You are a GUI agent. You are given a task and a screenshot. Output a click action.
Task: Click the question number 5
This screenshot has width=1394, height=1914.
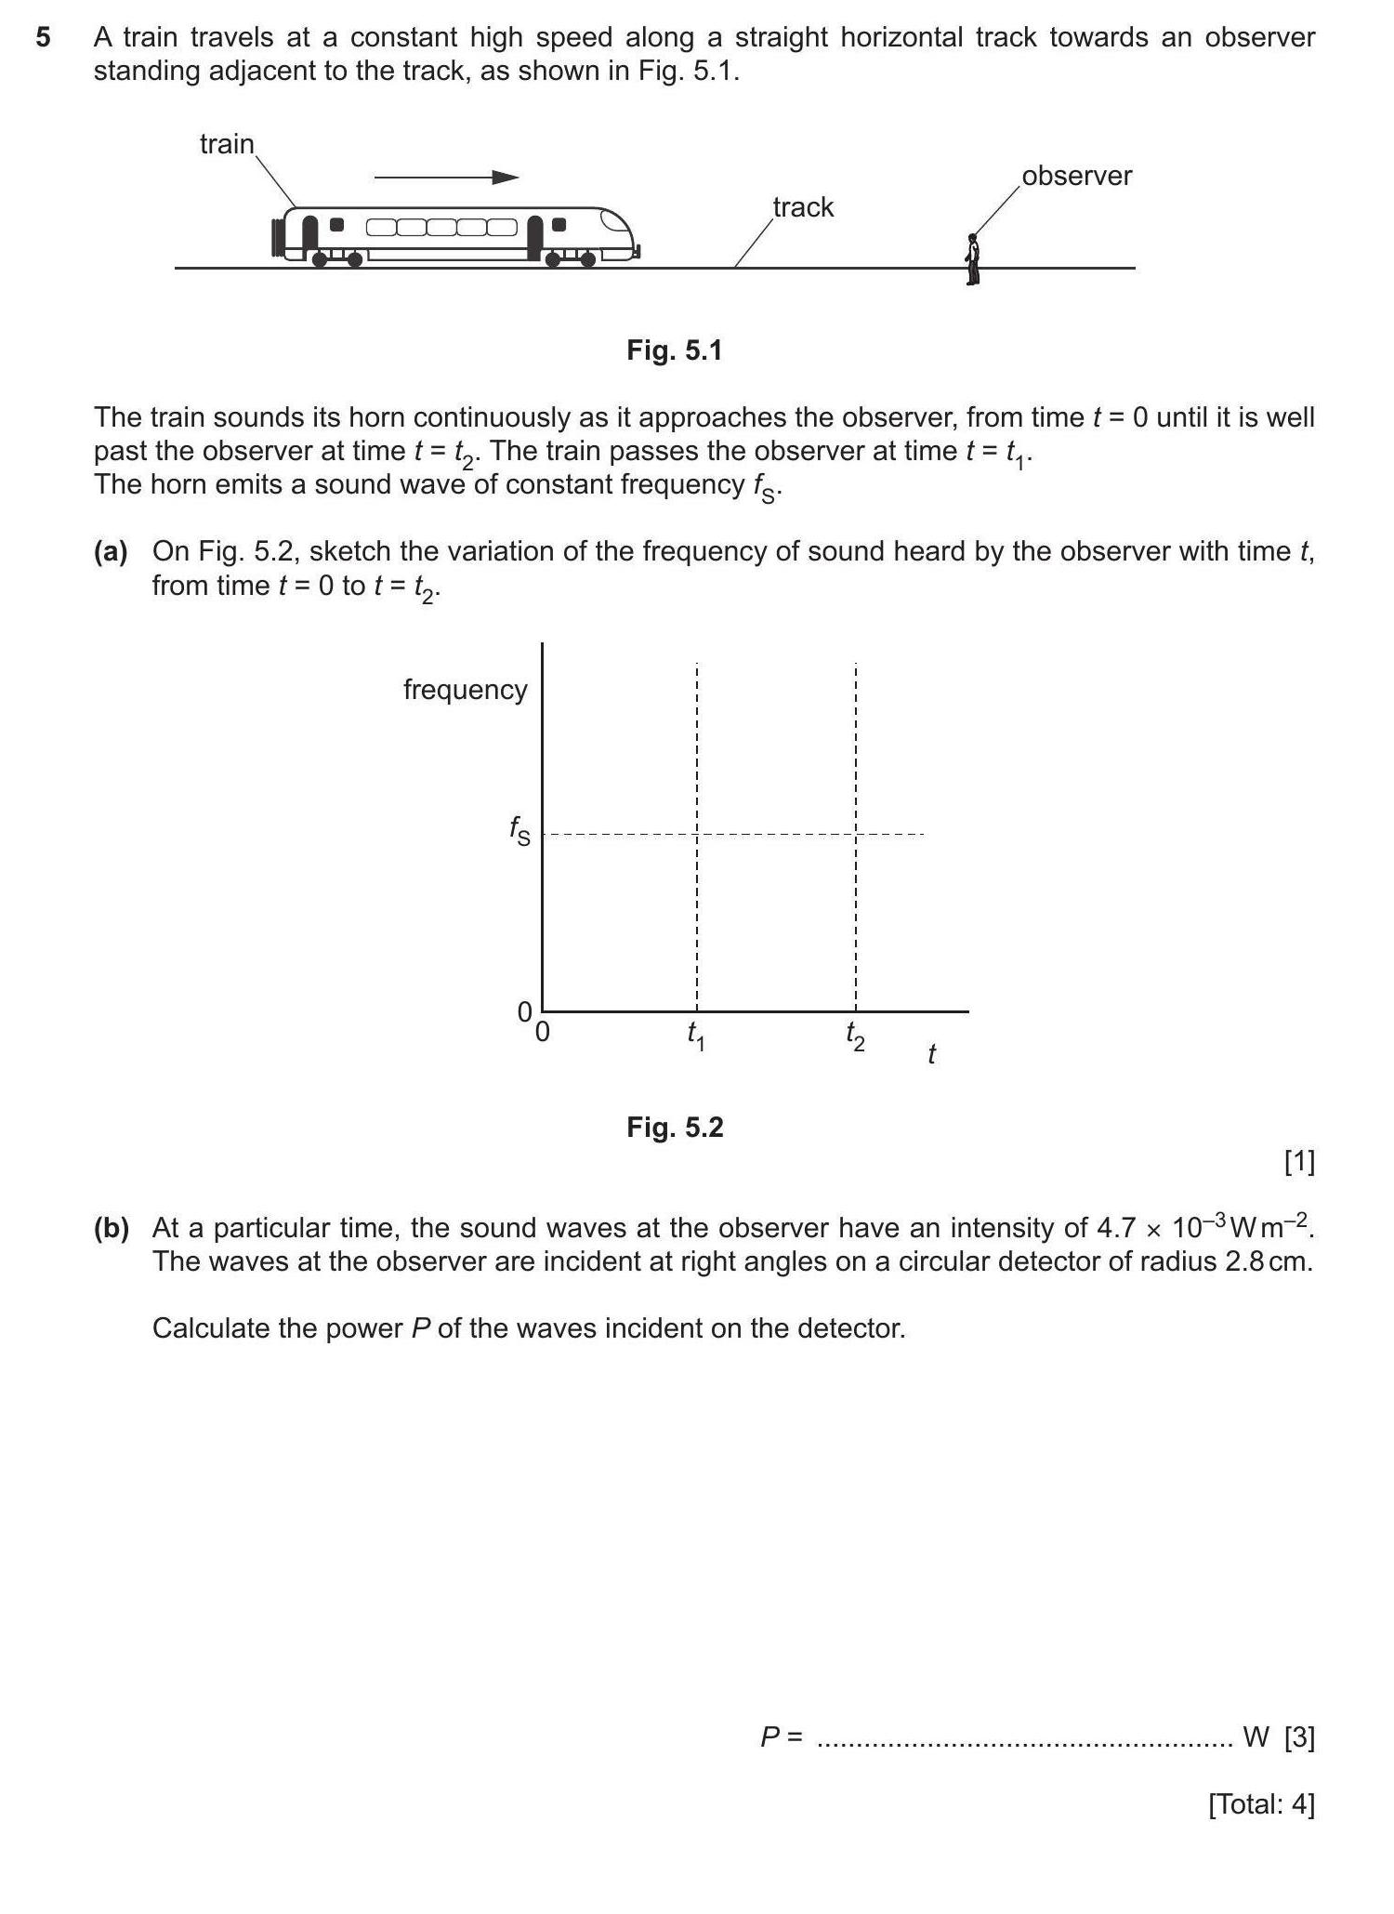coord(43,38)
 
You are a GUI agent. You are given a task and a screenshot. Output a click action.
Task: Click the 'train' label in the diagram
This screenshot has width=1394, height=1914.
coord(227,144)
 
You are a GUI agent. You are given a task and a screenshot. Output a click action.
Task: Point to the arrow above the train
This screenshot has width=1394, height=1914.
coord(446,177)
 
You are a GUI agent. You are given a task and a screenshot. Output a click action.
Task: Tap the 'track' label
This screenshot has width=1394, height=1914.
coord(803,207)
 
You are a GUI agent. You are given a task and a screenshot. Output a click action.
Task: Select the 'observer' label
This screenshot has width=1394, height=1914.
coord(1076,176)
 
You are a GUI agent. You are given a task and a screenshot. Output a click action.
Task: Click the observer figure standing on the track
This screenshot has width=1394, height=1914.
coord(972,259)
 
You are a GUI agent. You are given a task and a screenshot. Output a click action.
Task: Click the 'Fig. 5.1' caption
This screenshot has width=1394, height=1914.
coord(674,350)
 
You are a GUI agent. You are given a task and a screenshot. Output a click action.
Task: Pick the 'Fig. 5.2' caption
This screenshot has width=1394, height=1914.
coord(675,1128)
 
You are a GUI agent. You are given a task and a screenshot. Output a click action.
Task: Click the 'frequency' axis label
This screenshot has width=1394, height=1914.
coord(465,690)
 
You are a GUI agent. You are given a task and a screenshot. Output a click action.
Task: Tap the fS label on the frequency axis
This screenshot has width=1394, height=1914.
coord(519,830)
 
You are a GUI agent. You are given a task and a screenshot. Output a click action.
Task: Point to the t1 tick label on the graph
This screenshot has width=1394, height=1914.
coord(696,1036)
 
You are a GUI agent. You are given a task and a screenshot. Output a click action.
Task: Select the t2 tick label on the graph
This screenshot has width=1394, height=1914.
coord(855,1036)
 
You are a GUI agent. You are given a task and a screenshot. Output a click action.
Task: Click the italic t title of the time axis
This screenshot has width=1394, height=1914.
coord(931,1054)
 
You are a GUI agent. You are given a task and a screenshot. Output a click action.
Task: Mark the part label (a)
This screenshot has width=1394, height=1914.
coord(111,552)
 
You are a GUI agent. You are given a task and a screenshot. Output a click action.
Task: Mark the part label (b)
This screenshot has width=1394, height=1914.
coord(111,1229)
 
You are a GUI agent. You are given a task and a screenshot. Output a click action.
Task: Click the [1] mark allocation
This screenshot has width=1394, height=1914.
coord(1298,1161)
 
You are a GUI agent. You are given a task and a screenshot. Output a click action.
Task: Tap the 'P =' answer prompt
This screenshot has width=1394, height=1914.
coord(781,1736)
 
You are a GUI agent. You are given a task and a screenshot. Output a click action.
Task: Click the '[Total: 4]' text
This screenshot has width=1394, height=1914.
coord(1261,1804)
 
